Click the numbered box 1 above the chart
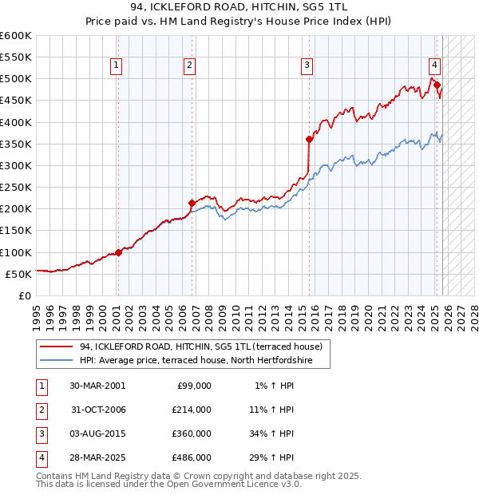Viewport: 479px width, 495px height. (x=117, y=65)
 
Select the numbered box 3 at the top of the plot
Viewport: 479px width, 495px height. (x=307, y=65)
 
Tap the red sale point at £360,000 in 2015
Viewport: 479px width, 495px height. (x=309, y=139)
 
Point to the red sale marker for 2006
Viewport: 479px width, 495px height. (x=192, y=203)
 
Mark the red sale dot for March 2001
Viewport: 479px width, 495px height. (x=118, y=252)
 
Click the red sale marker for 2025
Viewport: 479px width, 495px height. (x=437, y=85)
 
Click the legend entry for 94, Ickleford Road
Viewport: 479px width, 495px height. (x=200, y=346)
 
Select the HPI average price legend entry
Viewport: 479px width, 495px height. (x=195, y=361)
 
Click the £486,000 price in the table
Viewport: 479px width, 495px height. (x=191, y=457)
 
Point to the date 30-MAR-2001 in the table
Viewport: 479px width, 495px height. (x=97, y=385)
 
